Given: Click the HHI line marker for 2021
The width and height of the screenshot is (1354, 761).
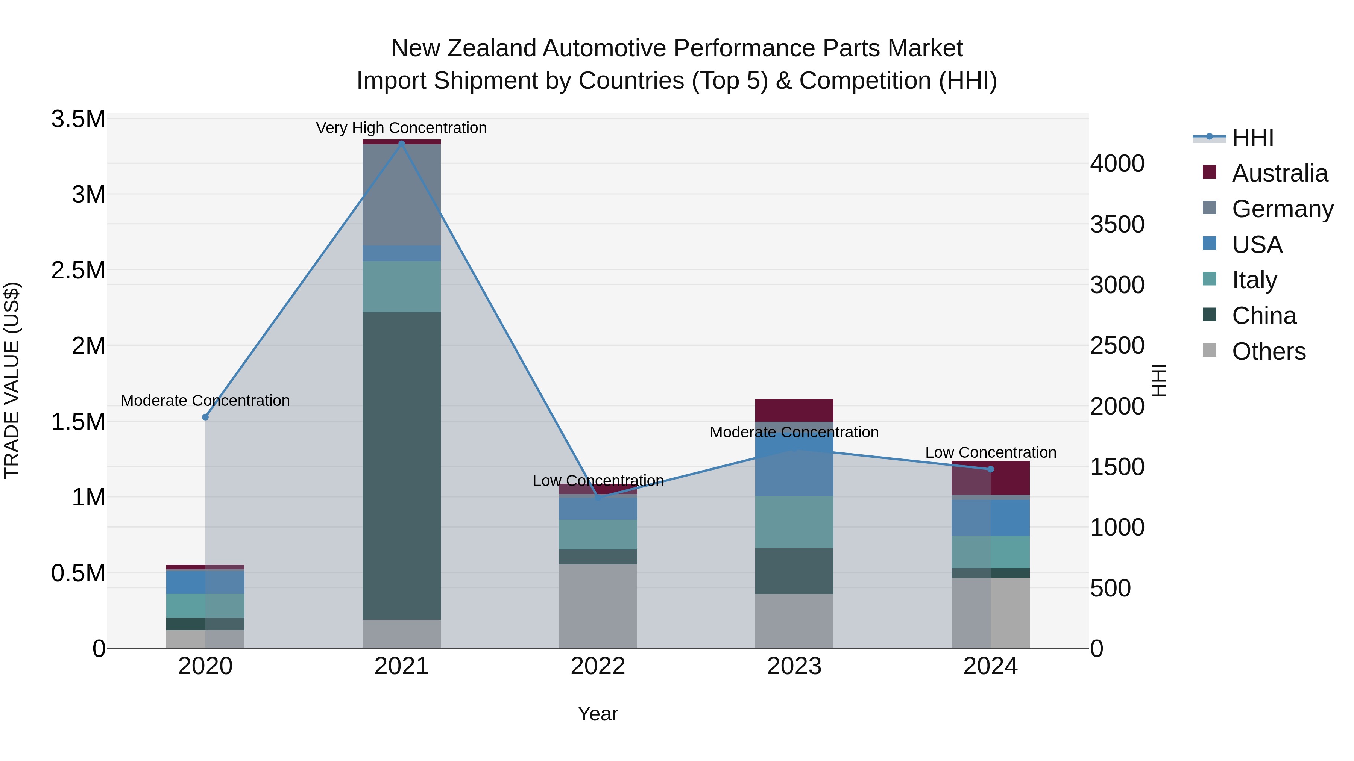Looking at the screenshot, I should tap(402, 144).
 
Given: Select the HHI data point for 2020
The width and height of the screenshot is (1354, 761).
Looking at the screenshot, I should tap(205, 417).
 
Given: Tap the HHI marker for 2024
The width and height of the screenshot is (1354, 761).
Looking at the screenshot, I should tap(990, 469).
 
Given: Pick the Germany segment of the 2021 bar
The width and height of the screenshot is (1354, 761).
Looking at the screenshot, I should tap(402, 194).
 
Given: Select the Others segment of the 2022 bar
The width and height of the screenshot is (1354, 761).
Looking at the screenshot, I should tap(598, 606).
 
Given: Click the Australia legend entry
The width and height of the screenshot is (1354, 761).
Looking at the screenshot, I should tap(1280, 173).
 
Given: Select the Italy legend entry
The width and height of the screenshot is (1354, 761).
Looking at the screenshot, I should tap(1254, 280).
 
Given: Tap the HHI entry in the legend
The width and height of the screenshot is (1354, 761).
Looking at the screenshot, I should tap(1252, 138).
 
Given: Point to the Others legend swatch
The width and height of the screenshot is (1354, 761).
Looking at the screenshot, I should tap(1210, 350).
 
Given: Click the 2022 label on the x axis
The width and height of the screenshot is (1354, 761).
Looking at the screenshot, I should tap(598, 666).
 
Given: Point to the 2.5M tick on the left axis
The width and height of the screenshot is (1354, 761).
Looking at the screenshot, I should tap(78, 271).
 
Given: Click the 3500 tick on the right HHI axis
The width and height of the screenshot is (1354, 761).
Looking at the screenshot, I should tap(1117, 224).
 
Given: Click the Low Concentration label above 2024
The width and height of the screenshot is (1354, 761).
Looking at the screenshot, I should tap(990, 452).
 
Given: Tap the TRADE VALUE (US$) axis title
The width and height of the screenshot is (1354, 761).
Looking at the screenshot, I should tap(12, 380).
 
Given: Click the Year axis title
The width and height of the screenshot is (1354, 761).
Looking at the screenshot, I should tap(598, 714).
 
